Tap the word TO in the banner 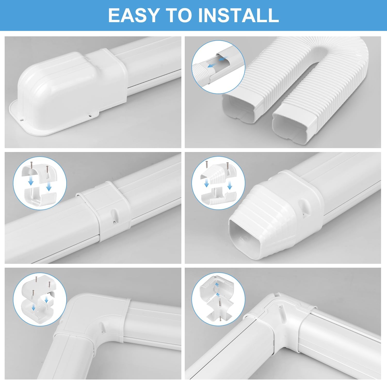[180, 15]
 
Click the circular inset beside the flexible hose [218, 67]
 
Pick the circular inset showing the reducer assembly [218, 183]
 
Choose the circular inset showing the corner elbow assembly [218, 299]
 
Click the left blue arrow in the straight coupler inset [31, 182]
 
